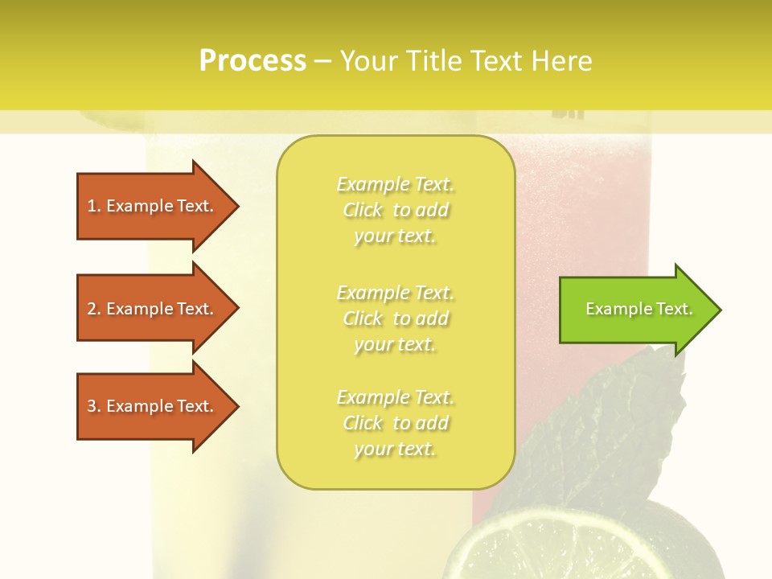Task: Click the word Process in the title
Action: [x=253, y=61]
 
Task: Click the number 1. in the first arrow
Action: [x=94, y=206]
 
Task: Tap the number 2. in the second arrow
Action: [x=94, y=309]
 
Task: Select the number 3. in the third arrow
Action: [x=94, y=406]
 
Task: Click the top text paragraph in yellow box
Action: [x=395, y=210]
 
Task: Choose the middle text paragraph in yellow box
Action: [x=395, y=318]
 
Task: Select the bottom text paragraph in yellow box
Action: [x=395, y=423]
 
